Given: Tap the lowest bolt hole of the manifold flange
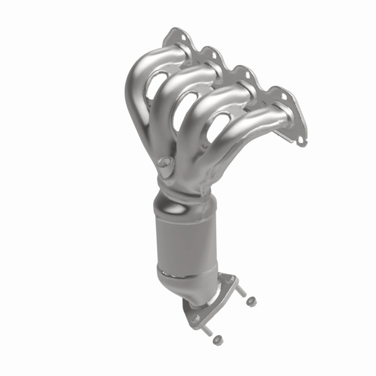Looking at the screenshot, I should click(301, 142).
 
